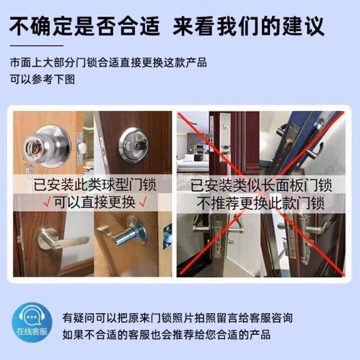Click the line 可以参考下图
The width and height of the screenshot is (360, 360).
point(42,79)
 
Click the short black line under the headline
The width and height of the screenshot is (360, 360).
point(36,46)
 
